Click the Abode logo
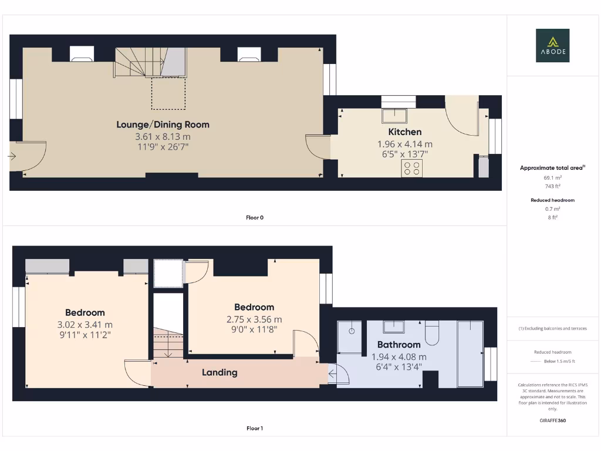point(552,46)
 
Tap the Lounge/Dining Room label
point(163,124)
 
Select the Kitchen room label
point(405,132)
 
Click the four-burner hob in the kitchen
point(411,168)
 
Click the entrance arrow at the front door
point(12,156)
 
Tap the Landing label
point(220,372)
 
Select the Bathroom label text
point(399,345)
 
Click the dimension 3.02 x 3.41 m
point(85,324)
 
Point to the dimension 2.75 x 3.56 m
point(254,319)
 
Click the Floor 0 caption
point(254,217)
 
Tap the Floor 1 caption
point(254,428)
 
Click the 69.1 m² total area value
point(552,177)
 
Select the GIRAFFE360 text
point(552,420)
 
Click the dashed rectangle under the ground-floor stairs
point(168,93)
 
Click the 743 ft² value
point(552,186)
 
